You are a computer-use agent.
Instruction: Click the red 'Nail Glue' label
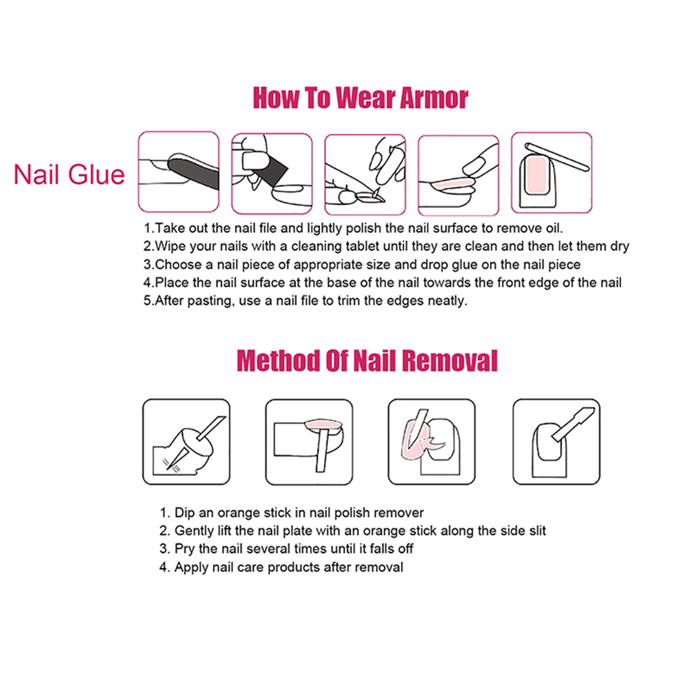[69, 174]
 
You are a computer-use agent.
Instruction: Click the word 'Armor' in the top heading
[434, 98]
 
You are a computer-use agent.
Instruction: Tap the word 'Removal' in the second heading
[449, 361]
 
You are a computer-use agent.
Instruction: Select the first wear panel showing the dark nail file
[179, 171]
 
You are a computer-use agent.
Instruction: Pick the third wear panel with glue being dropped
[365, 174]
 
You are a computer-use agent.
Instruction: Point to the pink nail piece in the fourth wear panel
[452, 183]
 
